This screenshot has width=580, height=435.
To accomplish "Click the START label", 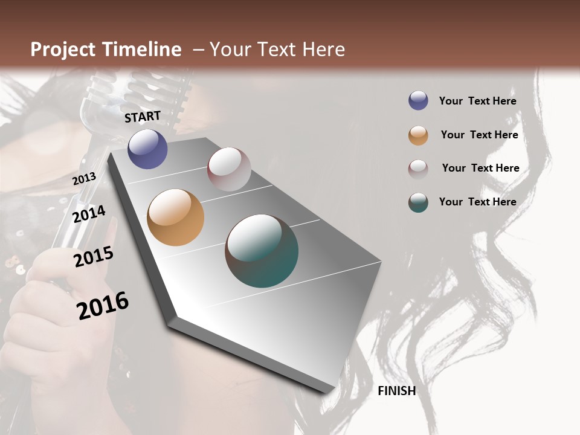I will pyautogui.click(x=143, y=117).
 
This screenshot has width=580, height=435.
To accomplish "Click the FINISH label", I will pyautogui.click(x=396, y=391).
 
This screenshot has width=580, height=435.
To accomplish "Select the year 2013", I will pyautogui.click(x=84, y=179).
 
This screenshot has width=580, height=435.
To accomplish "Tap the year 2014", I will pyautogui.click(x=89, y=214).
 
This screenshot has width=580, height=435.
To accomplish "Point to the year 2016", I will pyautogui.click(x=103, y=306).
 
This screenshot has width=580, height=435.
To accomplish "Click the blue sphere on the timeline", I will pyautogui.click(x=147, y=149).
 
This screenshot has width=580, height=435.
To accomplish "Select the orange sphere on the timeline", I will pyautogui.click(x=175, y=217).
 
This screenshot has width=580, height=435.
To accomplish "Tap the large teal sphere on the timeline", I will pyautogui.click(x=262, y=251).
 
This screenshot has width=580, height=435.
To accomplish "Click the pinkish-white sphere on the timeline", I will pyautogui.click(x=229, y=169).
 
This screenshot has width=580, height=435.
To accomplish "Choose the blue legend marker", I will pyautogui.click(x=418, y=101).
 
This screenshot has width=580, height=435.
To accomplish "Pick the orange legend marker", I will pyautogui.click(x=418, y=135).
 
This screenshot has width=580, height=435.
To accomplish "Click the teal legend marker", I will pyautogui.click(x=418, y=202).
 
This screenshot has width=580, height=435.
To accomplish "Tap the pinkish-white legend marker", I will pyautogui.click(x=418, y=169).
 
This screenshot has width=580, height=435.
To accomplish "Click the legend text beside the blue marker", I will pyautogui.click(x=477, y=101).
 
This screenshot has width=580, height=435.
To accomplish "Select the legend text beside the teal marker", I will pyautogui.click(x=477, y=202).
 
